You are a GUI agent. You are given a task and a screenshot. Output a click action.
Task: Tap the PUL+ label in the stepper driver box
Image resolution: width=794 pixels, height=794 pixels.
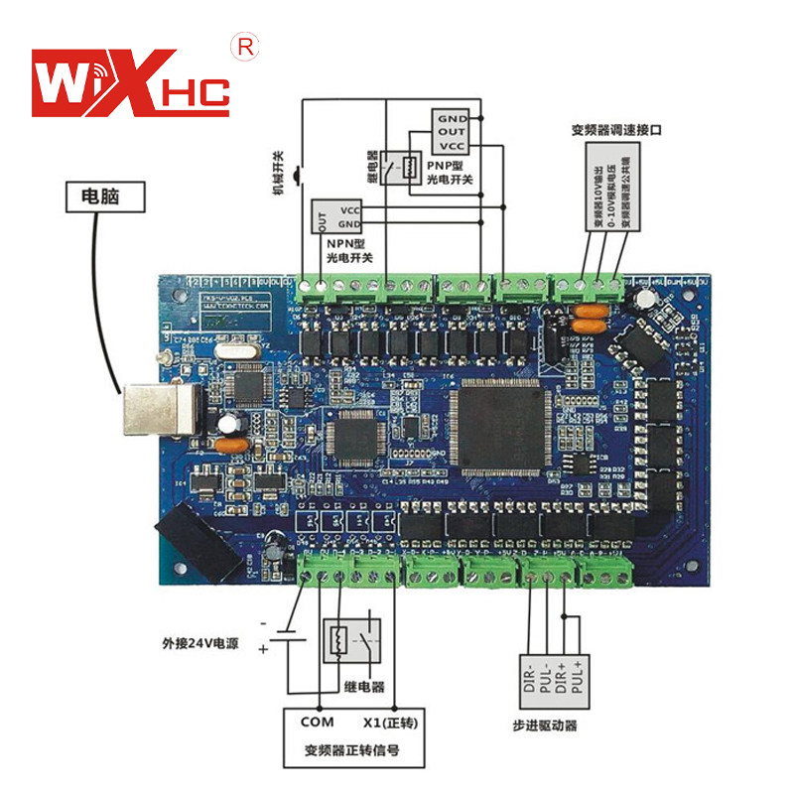click(578, 674)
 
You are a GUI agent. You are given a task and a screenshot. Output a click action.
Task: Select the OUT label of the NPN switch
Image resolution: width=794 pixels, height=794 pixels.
click(320, 216)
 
